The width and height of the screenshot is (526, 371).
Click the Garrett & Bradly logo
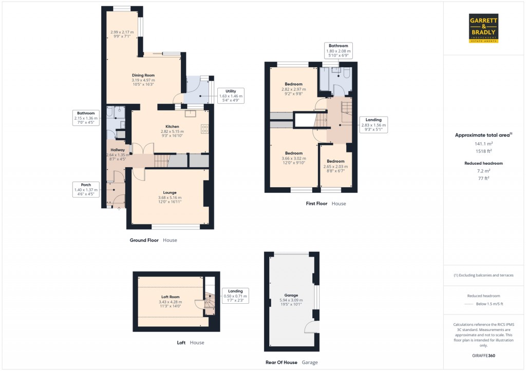pyautogui.click(x=484, y=28)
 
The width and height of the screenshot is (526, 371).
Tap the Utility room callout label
pyautogui.click(x=231, y=95)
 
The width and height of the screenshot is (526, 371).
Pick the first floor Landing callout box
pyautogui.click(x=373, y=125)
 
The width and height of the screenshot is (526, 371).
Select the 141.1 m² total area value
pyautogui.click(x=483, y=144)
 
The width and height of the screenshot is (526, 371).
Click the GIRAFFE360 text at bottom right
pyautogui.click(x=483, y=356)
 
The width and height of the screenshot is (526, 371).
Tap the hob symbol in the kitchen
pyautogui.click(x=205, y=129)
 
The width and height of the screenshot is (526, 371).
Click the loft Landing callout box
pyautogui.click(x=235, y=296)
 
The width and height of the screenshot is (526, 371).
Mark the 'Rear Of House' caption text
pyautogui.click(x=281, y=362)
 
